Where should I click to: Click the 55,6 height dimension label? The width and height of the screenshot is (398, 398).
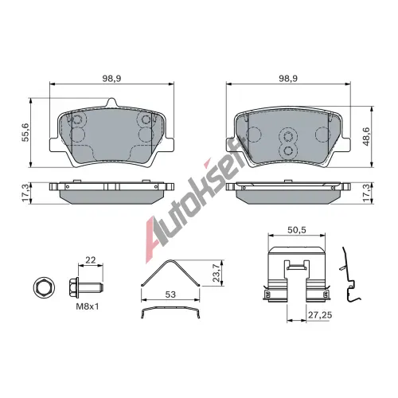26,132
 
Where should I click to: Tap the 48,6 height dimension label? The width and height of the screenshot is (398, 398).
366,136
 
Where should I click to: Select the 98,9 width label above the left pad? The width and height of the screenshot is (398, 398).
111,79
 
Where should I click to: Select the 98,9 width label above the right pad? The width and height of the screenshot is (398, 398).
288,79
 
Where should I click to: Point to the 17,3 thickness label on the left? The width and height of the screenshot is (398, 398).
26,193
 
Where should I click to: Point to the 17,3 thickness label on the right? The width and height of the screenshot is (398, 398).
366,193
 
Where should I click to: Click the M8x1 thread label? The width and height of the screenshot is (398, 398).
88,306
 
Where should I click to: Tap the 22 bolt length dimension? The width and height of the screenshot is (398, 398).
91,260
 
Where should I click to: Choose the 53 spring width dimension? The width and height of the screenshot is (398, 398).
170,295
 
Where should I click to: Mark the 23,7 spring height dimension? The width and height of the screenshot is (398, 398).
217,273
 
